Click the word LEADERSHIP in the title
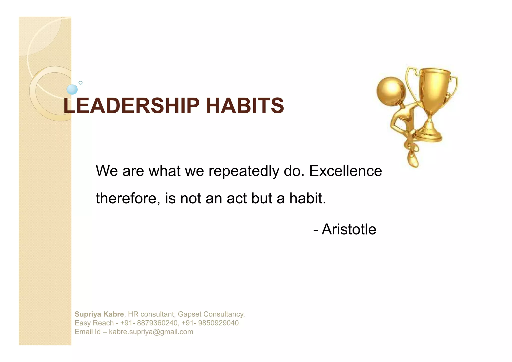(131, 106)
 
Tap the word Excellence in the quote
(345, 171)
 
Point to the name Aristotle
(349, 229)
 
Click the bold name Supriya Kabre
(99, 314)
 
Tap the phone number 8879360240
(157, 323)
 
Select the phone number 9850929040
(218, 323)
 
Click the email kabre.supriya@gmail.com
(151, 332)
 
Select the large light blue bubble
(72, 89)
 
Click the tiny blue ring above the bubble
(80, 83)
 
